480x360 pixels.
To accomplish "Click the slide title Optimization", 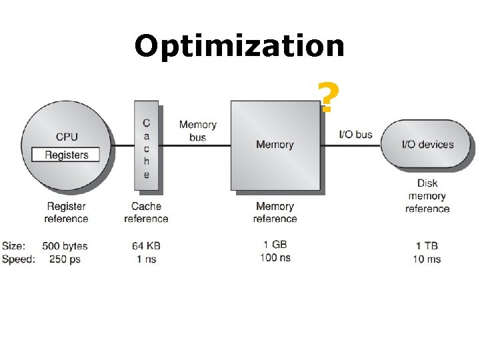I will point(239,47).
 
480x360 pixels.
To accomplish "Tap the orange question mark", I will point(326,97).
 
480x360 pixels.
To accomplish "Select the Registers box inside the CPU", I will point(66,155).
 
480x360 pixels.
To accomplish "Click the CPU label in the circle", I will point(66,137).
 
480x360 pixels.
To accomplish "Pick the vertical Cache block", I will point(146,147).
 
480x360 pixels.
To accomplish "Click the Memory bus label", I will point(197,131).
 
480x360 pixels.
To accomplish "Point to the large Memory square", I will point(275,145).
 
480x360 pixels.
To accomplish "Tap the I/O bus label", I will point(355,134).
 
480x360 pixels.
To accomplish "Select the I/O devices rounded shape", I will point(427,144).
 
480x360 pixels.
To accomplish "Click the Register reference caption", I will point(66,213).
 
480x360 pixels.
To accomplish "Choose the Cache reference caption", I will point(146,213).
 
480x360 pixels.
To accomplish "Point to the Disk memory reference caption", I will point(427,196).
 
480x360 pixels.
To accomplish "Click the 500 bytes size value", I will point(65,246).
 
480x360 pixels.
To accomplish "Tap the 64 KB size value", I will point(146,246).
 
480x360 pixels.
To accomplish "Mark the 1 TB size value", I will point(427,246).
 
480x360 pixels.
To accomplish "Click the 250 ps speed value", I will point(65,259).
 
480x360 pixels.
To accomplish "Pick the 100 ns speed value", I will point(275,257).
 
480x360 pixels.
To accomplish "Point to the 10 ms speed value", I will point(427,259).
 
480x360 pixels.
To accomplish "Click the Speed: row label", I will point(18,259).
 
